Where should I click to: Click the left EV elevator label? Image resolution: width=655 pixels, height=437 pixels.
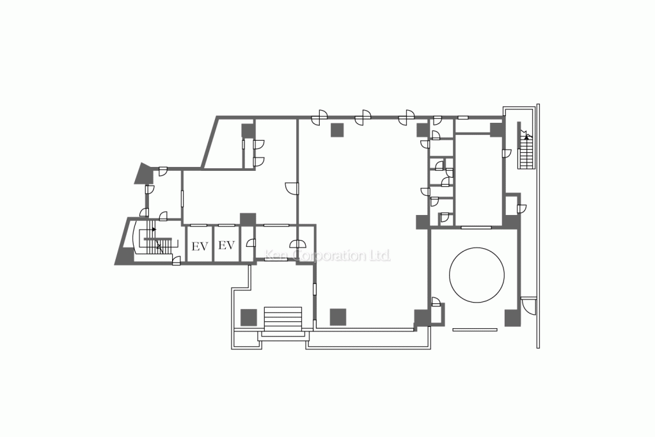pyautogui.click(x=200, y=246)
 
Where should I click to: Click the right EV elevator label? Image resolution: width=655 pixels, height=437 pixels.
pyautogui.click(x=226, y=246)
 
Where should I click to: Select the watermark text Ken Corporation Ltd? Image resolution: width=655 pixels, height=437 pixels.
pyautogui.click(x=327, y=256)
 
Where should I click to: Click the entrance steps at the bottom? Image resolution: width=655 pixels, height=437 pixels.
pyautogui.click(x=282, y=320)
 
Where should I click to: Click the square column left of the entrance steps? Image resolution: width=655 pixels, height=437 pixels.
pyautogui.click(x=248, y=317)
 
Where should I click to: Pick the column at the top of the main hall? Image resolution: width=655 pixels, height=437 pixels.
pyautogui.click(x=337, y=130)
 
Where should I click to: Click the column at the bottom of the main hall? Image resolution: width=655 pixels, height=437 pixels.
pyautogui.click(x=337, y=316)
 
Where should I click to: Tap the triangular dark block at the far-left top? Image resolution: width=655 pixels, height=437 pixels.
pyautogui.click(x=142, y=173)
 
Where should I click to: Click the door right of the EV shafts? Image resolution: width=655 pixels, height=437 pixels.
pyautogui.click(x=251, y=244)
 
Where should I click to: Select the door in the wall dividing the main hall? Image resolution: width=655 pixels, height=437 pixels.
pyautogui.click(x=291, y=187)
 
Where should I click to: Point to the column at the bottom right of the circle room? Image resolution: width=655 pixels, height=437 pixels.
pyautogui.click(x=511, y=317)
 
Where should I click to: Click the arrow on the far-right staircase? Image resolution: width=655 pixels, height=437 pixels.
pyautogui.click(x=526, y=136)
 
